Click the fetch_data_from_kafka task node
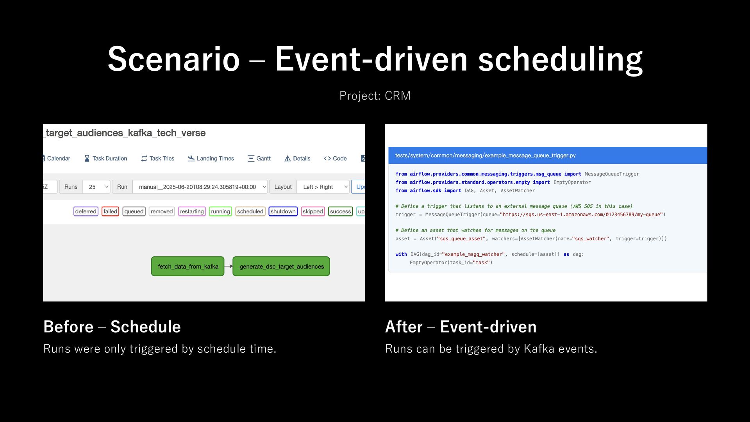tap(188, 266)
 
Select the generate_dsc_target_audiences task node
tap(281, 266)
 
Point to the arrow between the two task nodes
tap(229, 266)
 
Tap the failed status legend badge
tap(110, 211)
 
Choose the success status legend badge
tap(340, 211)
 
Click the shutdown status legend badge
tap(283, 211)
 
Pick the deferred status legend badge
tap(86, 211)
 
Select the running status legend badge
tap(220, 211)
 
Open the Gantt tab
tap(259, 158)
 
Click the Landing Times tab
tap(211, 158)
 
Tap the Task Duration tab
tap(106, 158)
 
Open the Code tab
tap(335, 158)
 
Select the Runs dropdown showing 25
tap(96, 187)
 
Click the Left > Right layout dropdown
tap(323, 187)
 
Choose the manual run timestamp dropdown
tap(200, 187)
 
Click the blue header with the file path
tap(548, 156)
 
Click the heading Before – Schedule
tap(112, 327)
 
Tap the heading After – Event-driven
tap(461, 327)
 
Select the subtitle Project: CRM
tap(375, 96)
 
